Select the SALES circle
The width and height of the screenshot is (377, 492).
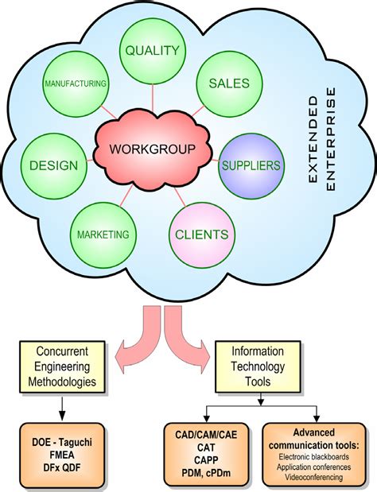click(x=228, y=83)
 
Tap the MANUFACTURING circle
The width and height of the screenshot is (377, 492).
click(x=76, y=83)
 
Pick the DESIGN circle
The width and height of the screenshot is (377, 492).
click(x=53, y=165)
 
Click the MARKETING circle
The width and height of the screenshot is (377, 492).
click(x=103, y=234)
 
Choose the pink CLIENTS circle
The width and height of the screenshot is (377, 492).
click(x=202, y=234)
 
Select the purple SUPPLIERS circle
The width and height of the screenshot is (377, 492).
click(x=251, y=165)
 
